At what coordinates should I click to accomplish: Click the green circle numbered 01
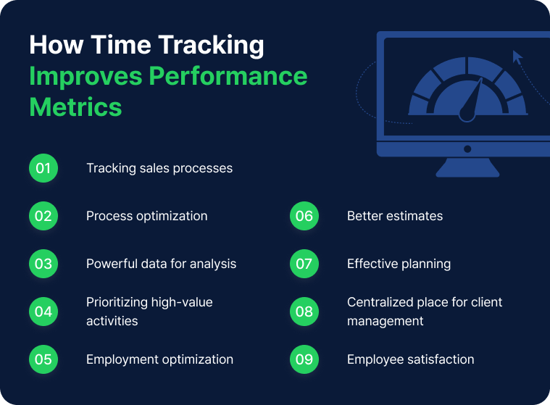[x=43, y=169]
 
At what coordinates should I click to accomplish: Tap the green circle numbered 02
[x=43, y=217]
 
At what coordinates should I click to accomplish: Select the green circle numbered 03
[x=43, y=264]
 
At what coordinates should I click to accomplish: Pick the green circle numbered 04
[x=43, y=312]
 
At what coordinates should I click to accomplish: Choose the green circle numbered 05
[x=43, y=359]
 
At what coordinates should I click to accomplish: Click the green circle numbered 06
[x=304, y=217]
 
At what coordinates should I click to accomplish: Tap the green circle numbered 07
[x=304, y=264]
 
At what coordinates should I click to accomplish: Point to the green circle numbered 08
[x=304, y=312]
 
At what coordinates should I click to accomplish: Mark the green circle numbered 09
[x=304, y=359]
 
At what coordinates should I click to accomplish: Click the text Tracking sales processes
[x=159, y=169]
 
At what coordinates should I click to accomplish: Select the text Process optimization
[x=147, y=217]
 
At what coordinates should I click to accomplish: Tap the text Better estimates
[x=395, y=217]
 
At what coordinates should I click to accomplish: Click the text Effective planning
[x=399, y=264]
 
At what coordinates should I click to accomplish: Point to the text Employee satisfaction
[x=410, y=359]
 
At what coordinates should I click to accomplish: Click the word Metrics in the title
[x=75, y=107]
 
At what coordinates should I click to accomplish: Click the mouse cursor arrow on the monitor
[x=517, y=57]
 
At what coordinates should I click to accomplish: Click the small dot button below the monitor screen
[x=467, y=149]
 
